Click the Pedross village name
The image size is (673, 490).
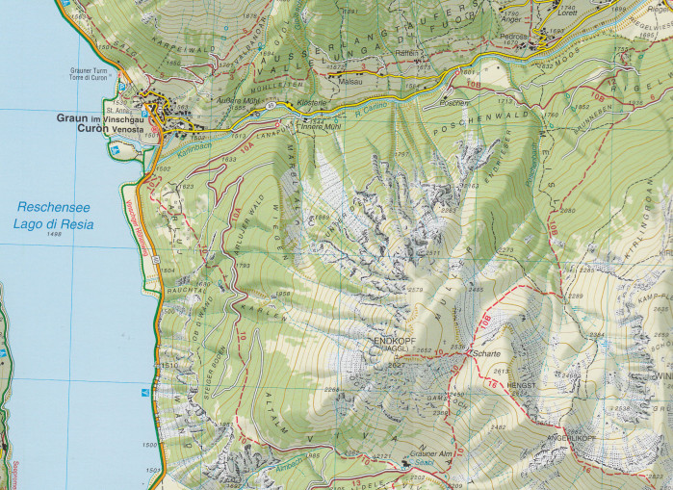513,37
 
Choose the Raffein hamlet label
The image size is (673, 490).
405,54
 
